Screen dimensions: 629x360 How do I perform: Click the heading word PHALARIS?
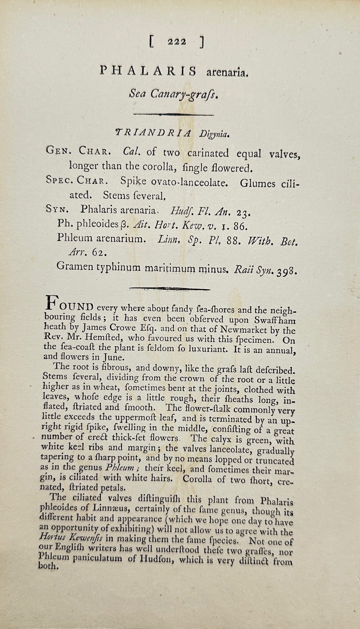[x=148, y=71]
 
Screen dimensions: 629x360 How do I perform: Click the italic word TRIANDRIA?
[x=147, y=132]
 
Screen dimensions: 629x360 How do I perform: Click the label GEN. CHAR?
[x=79, y=152]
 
